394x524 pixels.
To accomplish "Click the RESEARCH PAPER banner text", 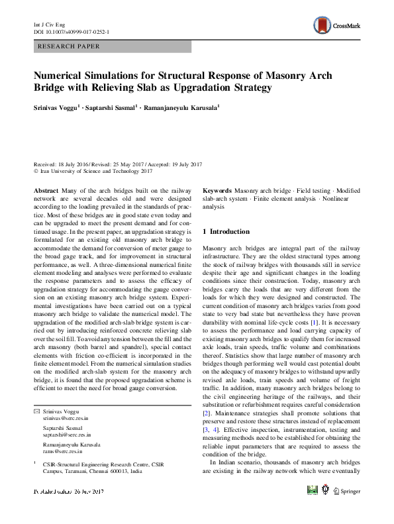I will [70, 46].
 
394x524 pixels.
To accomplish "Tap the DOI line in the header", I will [71, 32].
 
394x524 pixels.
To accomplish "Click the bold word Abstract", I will [46, 189].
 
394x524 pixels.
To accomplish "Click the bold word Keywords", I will [216, 189].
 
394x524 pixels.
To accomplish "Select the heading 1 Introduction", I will [225, 232].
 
